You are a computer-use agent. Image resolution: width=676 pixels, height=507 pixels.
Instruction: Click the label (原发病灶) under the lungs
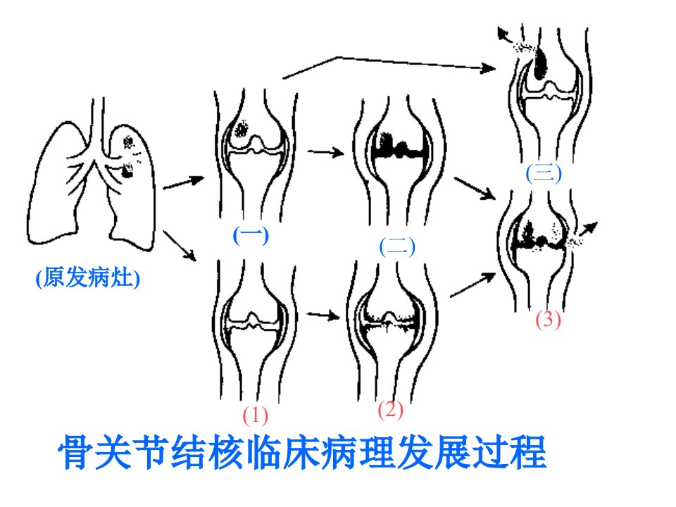click(x=88, y=278)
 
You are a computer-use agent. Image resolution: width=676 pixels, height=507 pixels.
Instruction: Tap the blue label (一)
click(x=251, y=235)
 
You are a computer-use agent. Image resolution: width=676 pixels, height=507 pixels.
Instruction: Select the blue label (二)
click(x=397, y=247)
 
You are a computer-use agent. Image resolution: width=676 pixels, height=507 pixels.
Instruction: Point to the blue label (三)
click(x=544, y=174)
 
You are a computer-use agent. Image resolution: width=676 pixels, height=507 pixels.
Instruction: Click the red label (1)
click(x=255, y=415)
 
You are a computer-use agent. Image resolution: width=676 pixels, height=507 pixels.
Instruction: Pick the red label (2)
click(x=391, y=410)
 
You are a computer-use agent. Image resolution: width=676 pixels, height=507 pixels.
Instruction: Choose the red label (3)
click(x=548, y=320)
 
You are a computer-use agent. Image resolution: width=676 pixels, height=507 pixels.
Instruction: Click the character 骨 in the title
click(x=76, y=453)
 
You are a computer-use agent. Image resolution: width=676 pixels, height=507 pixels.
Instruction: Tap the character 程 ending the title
click(x=529, y=453)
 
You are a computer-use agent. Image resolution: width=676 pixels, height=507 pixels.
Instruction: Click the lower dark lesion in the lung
click(x=126, y=170)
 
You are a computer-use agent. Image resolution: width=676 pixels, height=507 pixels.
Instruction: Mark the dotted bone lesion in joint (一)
click(x=241, y=128)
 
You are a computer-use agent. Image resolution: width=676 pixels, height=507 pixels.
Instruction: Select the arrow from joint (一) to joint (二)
click(x=325, y=152)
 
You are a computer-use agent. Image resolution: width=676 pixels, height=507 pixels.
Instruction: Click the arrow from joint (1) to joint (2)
click(x=323, y=315)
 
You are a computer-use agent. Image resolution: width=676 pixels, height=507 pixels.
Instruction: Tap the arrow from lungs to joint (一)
click(x=184, y=182)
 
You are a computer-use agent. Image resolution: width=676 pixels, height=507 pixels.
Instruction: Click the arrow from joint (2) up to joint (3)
click(x=472, y=284)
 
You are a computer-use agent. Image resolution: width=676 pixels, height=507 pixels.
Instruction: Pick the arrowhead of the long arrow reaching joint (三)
click(x=489, y=68)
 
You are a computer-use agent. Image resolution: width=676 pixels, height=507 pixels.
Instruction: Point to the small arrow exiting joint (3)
click(x=587, y=229)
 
